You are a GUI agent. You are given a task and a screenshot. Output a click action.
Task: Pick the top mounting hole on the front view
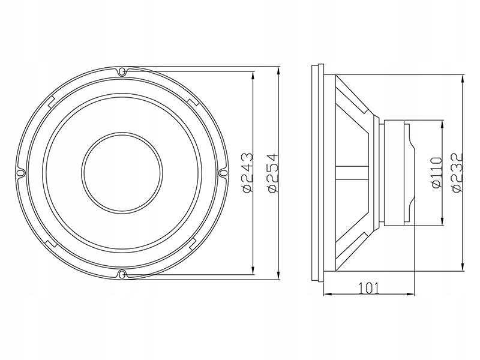tap(122, 71)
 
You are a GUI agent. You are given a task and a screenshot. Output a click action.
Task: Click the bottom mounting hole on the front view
tap(122, 275)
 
